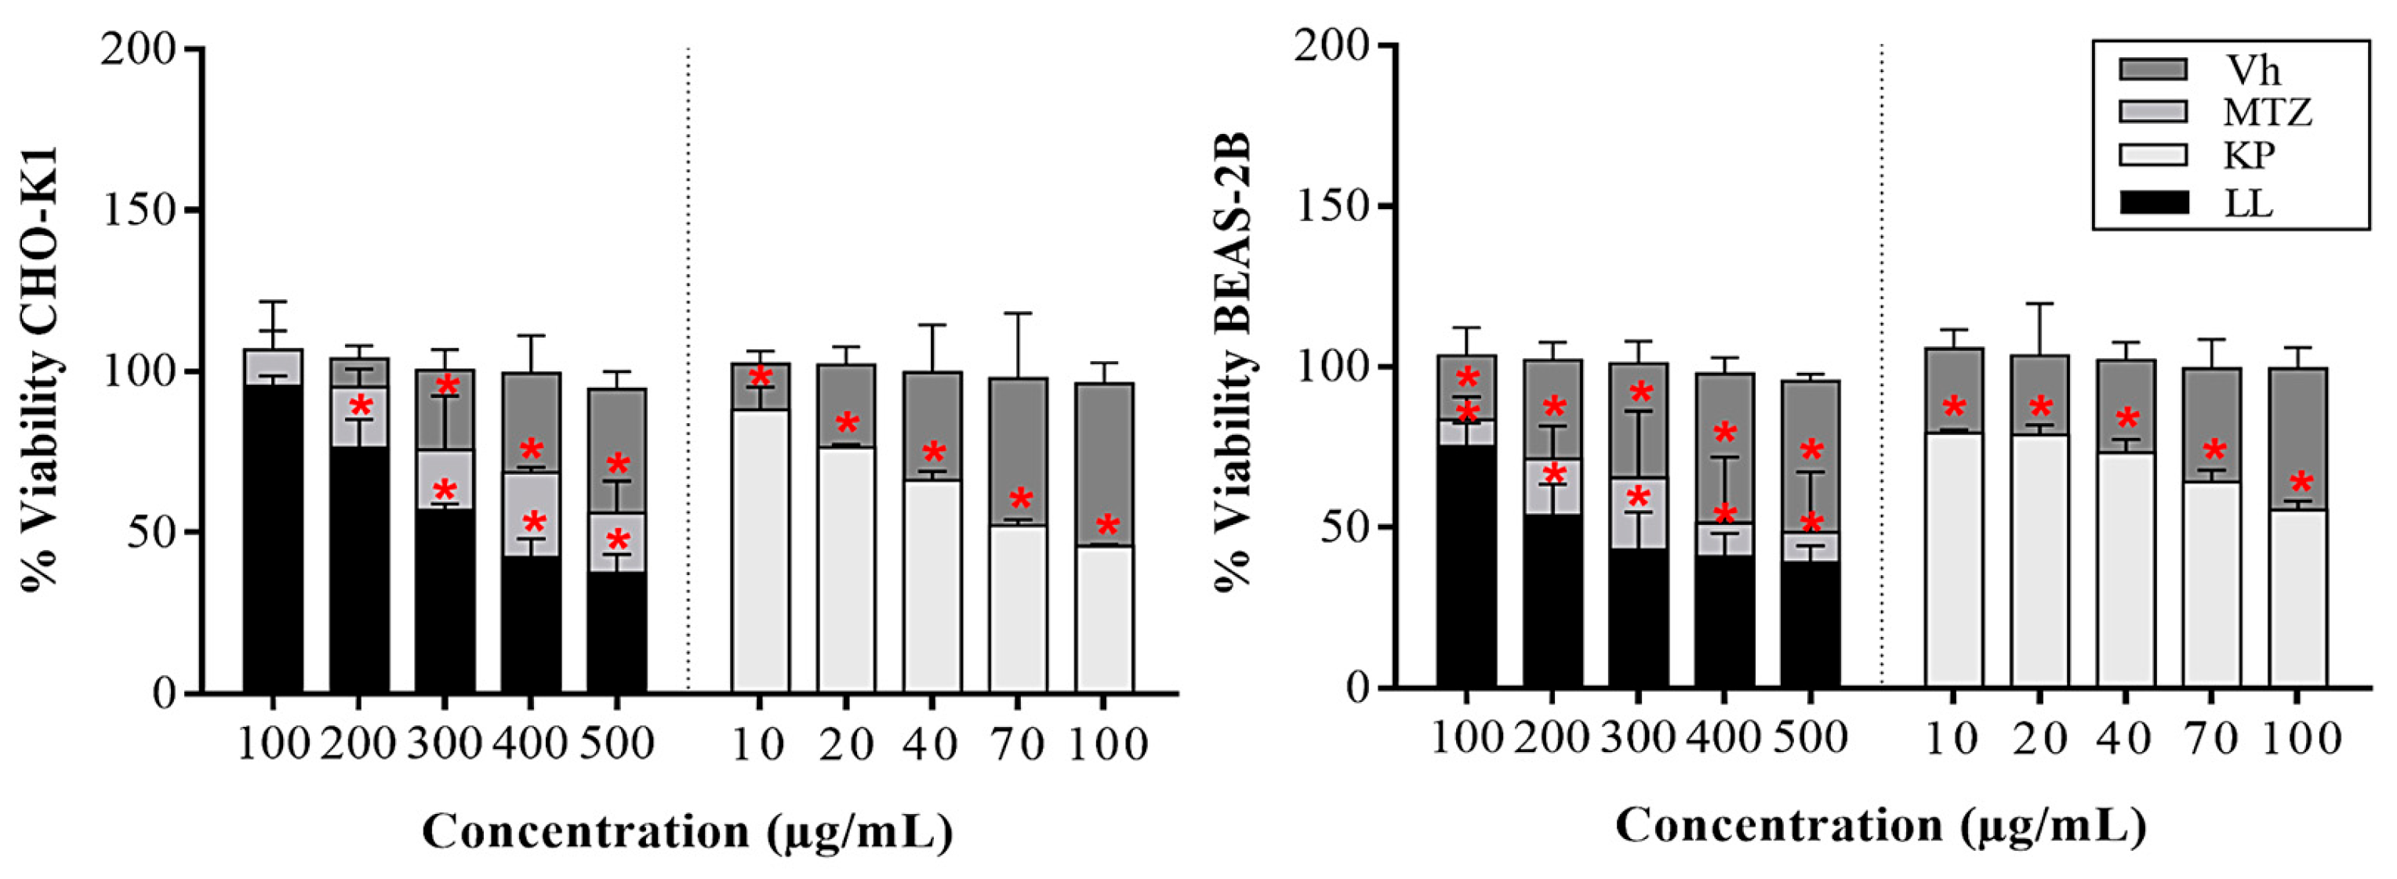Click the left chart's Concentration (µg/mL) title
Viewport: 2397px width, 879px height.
click(x=688, y=830)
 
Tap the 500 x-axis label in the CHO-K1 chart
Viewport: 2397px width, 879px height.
click(x=617, y=744)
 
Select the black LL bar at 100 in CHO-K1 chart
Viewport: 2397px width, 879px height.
click(x=273, y=540)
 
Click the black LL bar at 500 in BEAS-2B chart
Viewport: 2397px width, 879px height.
click(x=1810, y=623)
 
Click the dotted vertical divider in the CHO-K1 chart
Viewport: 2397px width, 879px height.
click(x=688, y=372)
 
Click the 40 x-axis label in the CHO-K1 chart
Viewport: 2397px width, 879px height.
click(x=932, y=744)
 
